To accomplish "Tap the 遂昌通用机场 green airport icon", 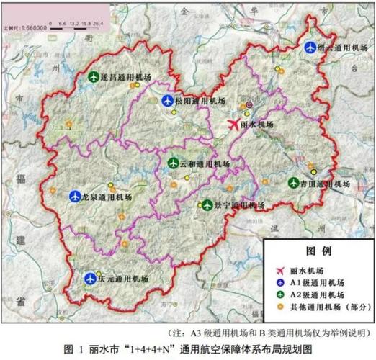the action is coord(94,76).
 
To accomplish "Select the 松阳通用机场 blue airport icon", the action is coord(167,101).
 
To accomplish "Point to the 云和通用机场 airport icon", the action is coord(173,163).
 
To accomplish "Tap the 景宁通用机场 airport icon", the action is coord(207,205).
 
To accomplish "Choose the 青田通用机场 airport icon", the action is coord(293,183).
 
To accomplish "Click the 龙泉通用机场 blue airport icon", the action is coord(74,195).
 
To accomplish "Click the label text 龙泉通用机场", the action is coord(107,196).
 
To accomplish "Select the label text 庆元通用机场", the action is coord(123,279).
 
